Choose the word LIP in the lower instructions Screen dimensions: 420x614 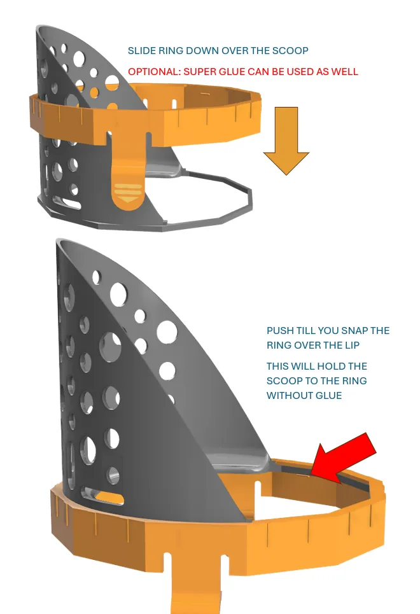point(352,345)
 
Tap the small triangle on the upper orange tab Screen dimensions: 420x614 point(128,200)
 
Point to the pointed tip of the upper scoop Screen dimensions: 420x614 point(37,27)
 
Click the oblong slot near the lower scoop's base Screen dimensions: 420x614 point(102,496)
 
